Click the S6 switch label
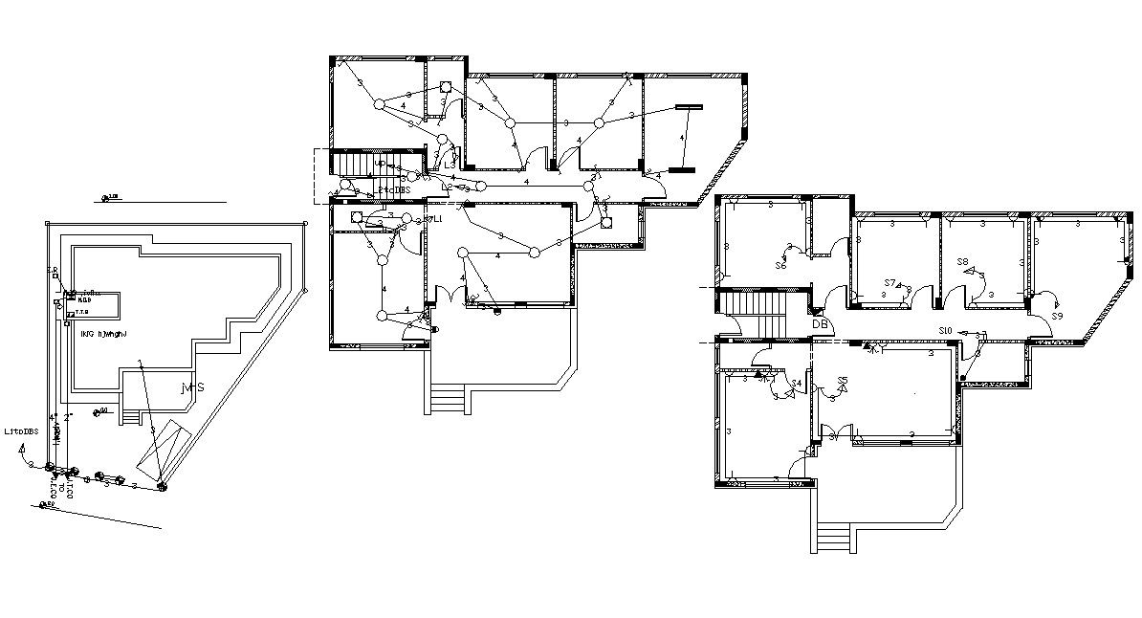780,265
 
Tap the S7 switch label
889,283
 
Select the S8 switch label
962,261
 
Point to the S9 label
1057,316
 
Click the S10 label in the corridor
945,330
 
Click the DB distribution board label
820,324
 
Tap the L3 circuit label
450,165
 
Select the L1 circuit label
439,220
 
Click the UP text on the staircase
380,164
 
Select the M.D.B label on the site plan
84,299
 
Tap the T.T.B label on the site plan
82,312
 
